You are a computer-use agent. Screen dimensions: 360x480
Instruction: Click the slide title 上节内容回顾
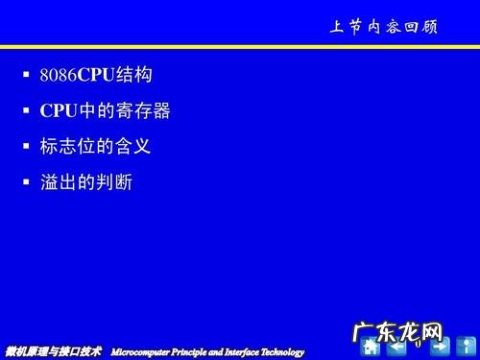click(x=383, y=27)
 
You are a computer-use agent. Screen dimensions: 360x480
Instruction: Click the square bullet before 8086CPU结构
click(x=27, y=74)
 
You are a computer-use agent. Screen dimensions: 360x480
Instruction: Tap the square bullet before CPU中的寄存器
click(x=27, y=110)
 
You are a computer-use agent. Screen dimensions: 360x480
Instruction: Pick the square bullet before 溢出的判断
click(x=27, y=181)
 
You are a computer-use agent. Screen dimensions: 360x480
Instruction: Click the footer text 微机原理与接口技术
click(x=53, y=351)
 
